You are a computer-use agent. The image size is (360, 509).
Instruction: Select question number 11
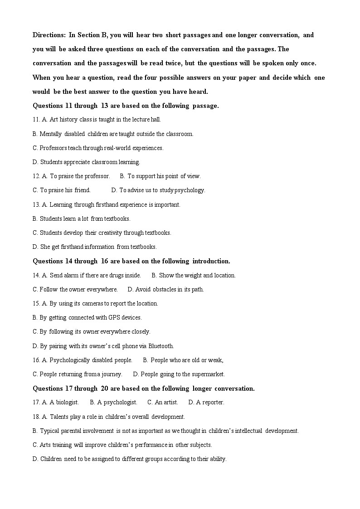36,120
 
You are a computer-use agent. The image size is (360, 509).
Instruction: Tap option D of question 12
158,190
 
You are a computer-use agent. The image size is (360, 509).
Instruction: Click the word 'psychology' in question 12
190,190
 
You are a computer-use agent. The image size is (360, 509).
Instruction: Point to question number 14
36,276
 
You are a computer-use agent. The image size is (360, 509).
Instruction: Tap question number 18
36,417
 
